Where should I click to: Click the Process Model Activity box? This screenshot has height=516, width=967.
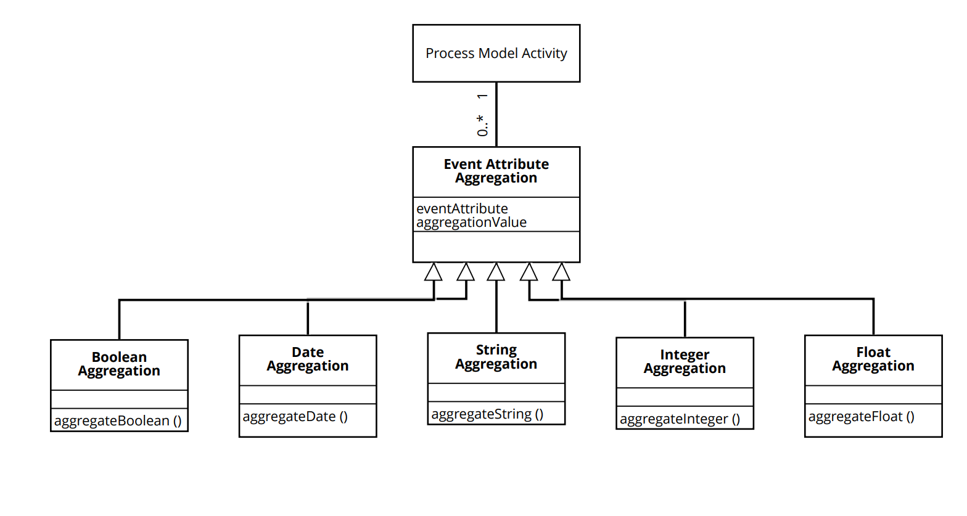[x=496, y=53]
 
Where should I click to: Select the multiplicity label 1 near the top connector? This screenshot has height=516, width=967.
[x=482, y=96]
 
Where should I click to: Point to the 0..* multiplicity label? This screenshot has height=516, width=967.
[x=482, y=125]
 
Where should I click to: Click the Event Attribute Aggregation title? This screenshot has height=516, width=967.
[x=496, y=171]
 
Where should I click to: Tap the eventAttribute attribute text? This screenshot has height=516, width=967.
[x=462, y=208]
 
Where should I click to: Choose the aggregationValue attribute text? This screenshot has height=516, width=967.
[x=471, y=222]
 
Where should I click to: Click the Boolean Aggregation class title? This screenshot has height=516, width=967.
[x=119, y=364]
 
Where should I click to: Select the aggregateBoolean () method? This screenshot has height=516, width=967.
[x=118, y=420]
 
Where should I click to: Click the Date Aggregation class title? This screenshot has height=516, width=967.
[x=307, y=359]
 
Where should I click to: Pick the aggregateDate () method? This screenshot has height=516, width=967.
[x=295, y=416]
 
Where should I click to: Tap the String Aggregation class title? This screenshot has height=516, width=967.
[x=496, y=357]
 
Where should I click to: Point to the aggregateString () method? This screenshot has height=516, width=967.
[x=487, y=414]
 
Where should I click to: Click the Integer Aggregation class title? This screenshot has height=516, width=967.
[x=685, y=361]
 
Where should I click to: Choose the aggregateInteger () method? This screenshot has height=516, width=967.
[x=680, y=419]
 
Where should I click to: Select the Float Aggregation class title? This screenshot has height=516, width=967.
[x=873, y=359]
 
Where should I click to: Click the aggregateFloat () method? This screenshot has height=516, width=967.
[x=861, y=416]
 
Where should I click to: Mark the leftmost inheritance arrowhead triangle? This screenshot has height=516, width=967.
[x=433, y=272]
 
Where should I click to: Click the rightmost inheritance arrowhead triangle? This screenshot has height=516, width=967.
[x=561, y=272]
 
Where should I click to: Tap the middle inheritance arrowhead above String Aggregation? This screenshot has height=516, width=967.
[x=496, y=272]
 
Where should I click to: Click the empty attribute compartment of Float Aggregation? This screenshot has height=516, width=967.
[x=873, y=395]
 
